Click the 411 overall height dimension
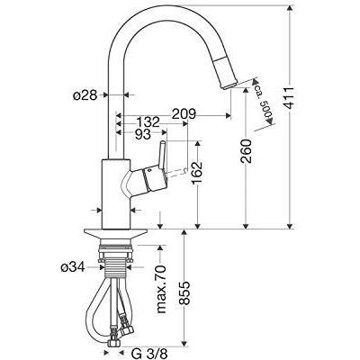(289, 98)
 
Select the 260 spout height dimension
(247, 151)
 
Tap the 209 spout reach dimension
(184, 114)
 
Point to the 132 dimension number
(148, 122)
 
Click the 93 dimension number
(143, 135)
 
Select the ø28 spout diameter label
(85, 95)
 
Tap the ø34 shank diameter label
(73, 267)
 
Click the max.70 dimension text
(161, 290)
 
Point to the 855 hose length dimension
(185, 293)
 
